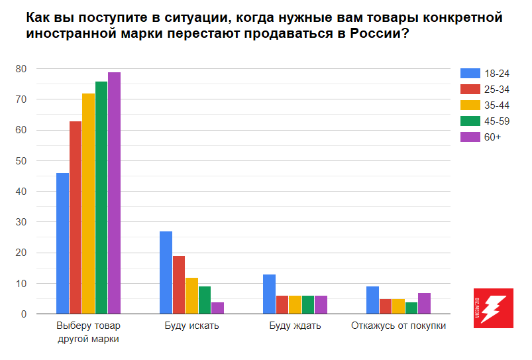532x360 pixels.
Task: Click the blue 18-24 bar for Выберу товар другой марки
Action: click(62, 243)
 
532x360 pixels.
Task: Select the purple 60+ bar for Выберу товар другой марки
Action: click(114, 193)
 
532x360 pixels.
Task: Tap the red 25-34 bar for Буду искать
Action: click(179, 284)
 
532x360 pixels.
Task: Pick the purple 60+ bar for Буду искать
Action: click(217, 308)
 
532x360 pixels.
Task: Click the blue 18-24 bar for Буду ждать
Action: click(269, 294)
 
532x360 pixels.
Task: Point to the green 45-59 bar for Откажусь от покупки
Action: click(411, 308)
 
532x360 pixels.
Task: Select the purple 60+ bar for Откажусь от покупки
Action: click(424, 303)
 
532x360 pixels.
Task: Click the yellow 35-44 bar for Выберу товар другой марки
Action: click(88, 204)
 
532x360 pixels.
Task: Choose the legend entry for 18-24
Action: click(490, 74)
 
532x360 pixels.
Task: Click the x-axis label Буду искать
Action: click(191, 326)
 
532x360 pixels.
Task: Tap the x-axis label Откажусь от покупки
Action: click(398, 326)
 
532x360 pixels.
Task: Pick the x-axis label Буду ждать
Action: click(295, 326)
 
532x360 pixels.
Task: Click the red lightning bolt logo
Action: click(494, 308)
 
